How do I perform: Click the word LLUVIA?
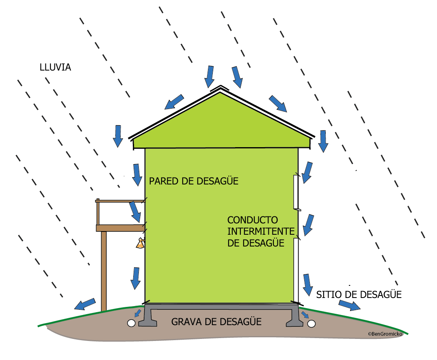(55, 67)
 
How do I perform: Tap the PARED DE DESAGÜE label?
(194, 181)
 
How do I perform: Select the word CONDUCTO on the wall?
(253, 220)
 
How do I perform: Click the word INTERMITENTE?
(261, 231)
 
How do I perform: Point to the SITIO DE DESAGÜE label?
(359, 294)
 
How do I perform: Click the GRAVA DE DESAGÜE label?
(216, 321)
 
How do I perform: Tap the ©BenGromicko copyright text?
(385, 334)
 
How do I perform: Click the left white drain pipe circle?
(131, 323)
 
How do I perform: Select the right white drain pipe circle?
(312, 324)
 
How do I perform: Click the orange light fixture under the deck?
(141, 243)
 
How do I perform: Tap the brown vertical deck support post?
(104, 271)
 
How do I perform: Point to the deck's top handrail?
(120, 201)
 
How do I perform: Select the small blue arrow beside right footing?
(305, 315)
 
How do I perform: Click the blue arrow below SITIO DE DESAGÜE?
(350, 305)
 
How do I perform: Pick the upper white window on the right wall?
(296, 192)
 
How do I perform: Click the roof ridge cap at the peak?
(220, 88)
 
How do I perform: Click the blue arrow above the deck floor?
(135, 212)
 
